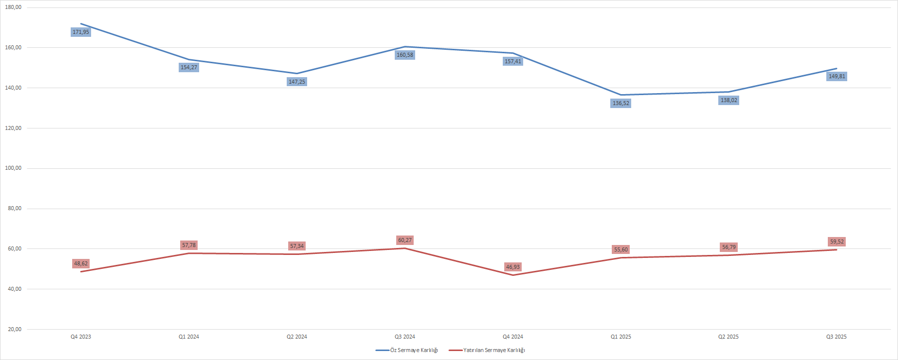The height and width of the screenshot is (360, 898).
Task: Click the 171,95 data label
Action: pyautogui.click(x=81, y=32)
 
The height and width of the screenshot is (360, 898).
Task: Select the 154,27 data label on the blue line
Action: pyautogui.click(x=189, y=68)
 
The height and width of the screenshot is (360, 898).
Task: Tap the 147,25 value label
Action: pyautogui.click(x=297, y=82)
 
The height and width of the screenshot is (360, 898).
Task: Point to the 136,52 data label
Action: pyautogui.click(x=621, y=104)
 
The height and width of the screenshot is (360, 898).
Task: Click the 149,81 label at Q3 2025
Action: pyautogui.click(x=837, y=77)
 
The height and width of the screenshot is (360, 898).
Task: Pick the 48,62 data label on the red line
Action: pyautogui.click(x=81, y=264)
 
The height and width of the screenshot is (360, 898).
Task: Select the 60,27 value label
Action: pyautogui.click(x=405, y=240)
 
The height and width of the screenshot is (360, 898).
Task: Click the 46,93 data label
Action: pyautogui.click(x=513, y=267)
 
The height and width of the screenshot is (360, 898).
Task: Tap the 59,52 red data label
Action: pyautogui.click(x=837, y=242)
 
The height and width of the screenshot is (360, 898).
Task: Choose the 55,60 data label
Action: pyautogui.click(x=621, y=250)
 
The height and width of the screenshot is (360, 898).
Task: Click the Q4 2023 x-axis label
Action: pyautogui.click(x=81, y=337)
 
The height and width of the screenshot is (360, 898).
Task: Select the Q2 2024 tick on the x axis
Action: pyautogui.click(x=297, y=337)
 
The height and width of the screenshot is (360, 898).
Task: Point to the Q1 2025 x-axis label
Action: pyautogui.click(x=621, y=337)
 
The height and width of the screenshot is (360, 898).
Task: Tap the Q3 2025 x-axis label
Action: pyautogui.click(x=836, y=337)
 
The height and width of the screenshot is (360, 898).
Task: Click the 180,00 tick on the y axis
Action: pyautogui.click(x=13, y=7)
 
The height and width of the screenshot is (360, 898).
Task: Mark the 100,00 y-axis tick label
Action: pyautogui.click(x=13, y=168)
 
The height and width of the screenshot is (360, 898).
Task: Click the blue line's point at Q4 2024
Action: pyautogui.click(x=513, y=53)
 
